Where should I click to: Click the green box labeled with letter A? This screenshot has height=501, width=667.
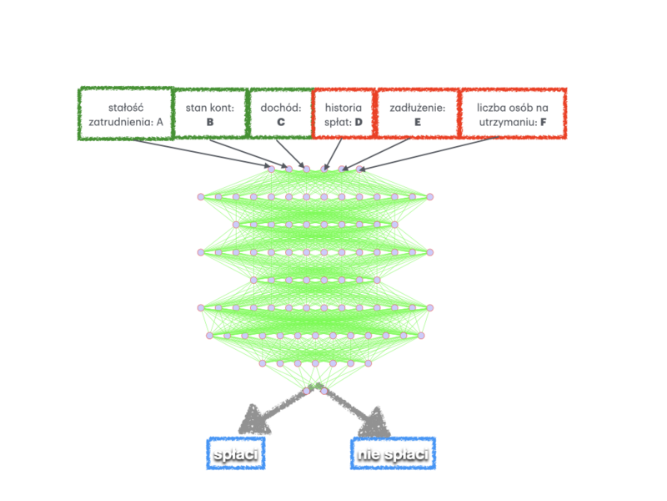click(x=126, y=114)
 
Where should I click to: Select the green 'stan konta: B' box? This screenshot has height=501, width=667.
click(x=210, y=114)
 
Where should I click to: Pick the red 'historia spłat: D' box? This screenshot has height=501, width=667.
click(x=344, y=114)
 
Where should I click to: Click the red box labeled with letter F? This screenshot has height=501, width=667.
click(x=513, y=114)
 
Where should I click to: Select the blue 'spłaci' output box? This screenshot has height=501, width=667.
click(x=235, y=453)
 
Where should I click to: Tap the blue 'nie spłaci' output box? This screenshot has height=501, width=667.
click(x=393, y=453)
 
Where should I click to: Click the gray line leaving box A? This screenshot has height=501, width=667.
click(x=200, y=154)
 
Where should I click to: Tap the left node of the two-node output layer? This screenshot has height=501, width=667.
click(x=306, y=391)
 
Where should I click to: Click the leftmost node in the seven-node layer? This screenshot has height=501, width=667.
click(x=262, y=363)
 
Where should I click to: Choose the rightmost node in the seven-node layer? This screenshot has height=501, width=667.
click(x=369, y=363)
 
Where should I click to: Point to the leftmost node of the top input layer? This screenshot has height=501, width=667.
click(x=271, y=169)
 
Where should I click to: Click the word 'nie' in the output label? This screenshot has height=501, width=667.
click(x=368, y=453)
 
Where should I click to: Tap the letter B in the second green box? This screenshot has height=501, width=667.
click(x=210, y=122)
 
